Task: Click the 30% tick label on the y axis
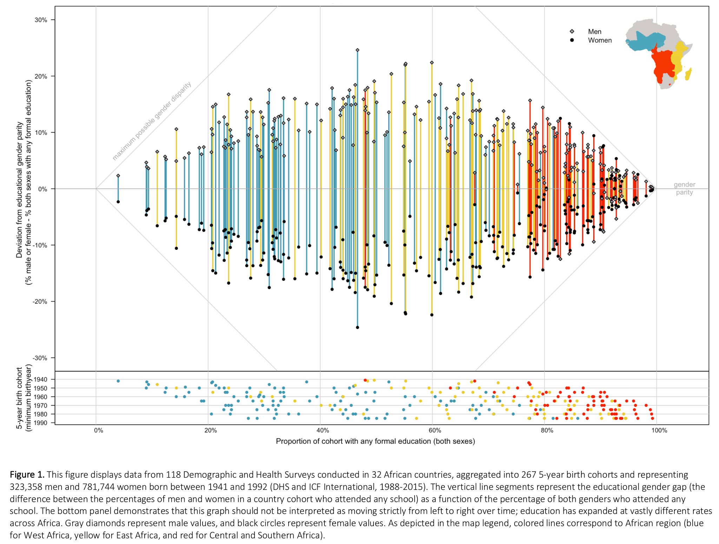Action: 41,20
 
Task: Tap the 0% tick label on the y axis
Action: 43,189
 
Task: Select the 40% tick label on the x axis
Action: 323,430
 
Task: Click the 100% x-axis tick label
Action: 659,430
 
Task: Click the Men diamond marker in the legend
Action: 572,32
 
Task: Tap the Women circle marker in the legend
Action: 572,40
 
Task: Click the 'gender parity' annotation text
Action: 684,189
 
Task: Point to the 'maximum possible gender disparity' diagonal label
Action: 152,121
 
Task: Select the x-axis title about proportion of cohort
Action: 375,441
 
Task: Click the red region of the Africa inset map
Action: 662,63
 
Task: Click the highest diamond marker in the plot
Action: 357,50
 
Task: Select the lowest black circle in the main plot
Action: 357,327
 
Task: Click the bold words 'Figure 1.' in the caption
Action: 27,475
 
